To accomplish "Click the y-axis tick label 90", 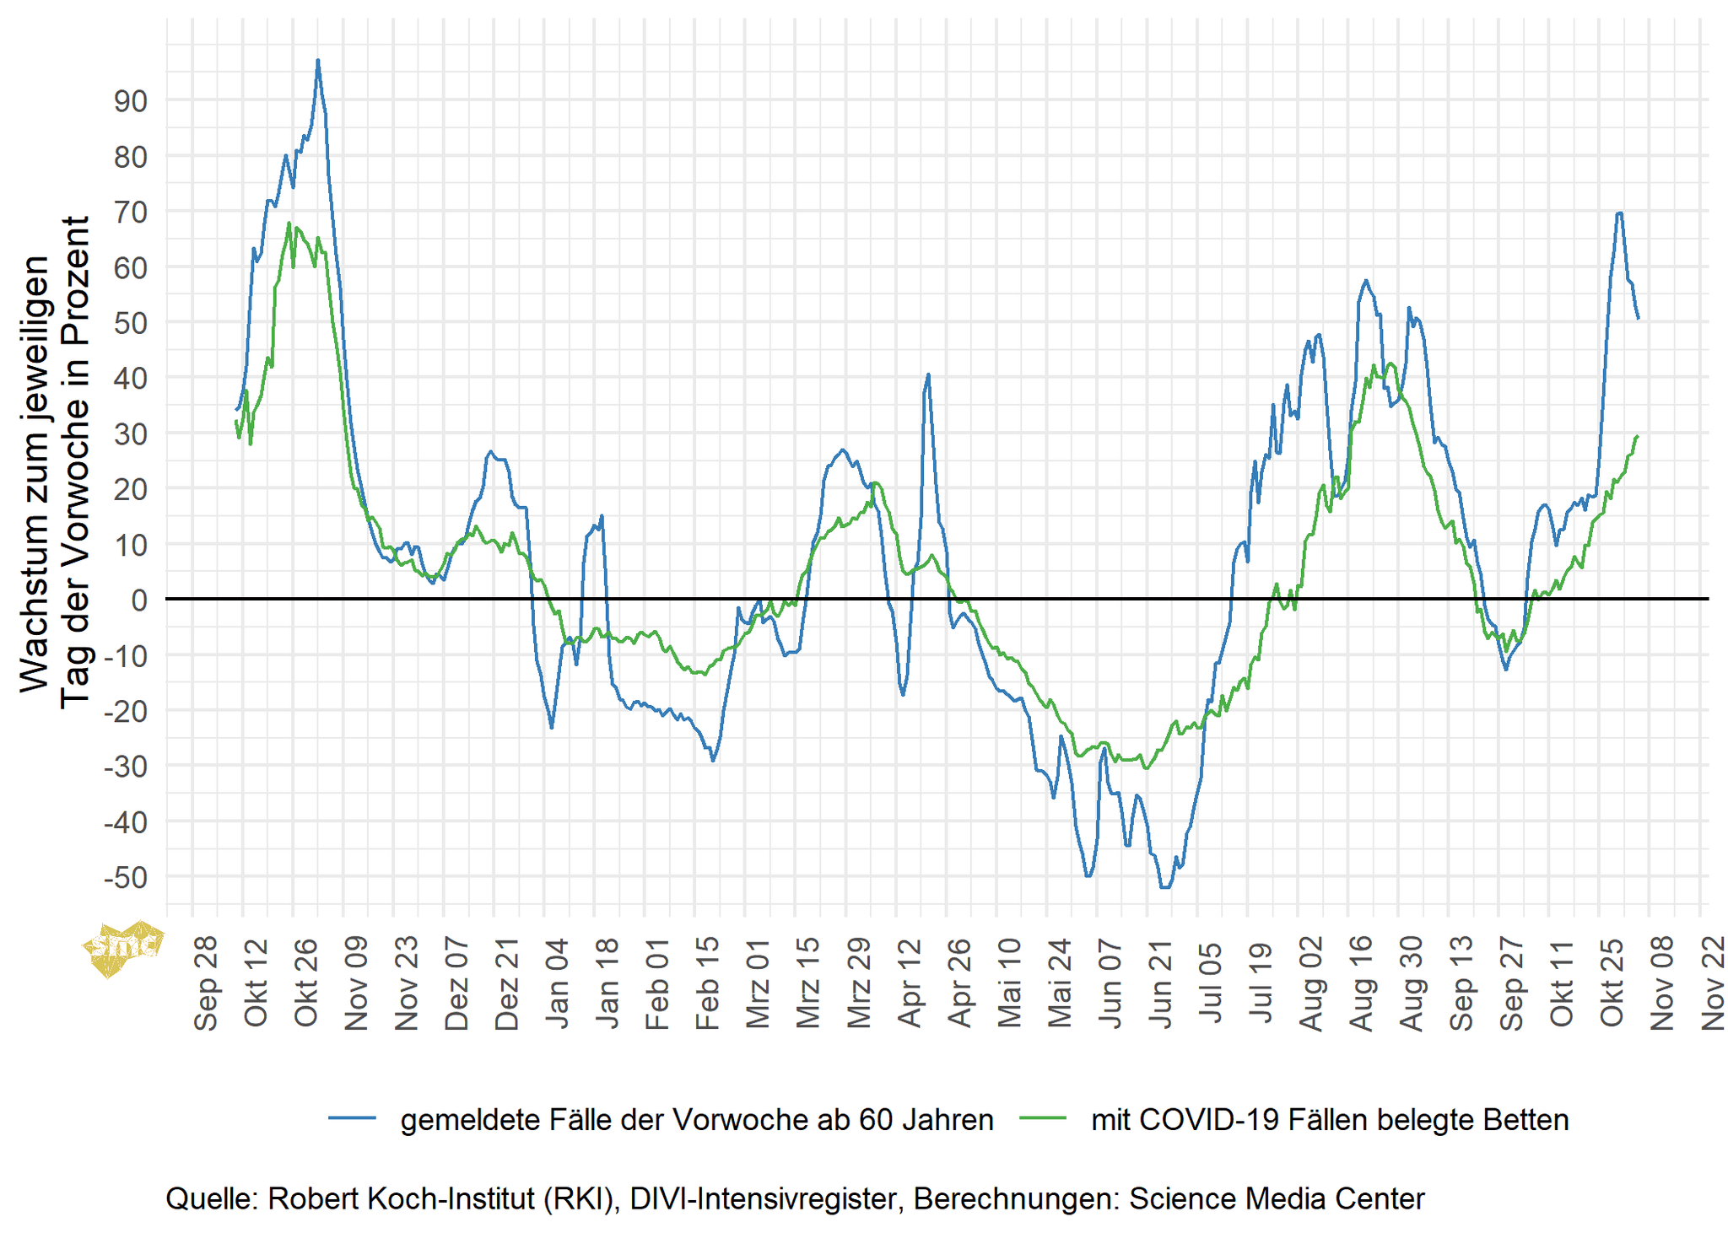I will pos(130,101).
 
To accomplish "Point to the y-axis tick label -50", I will pos(125,878).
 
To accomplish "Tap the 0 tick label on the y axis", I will pos(138,600).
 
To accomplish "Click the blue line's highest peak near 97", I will pos(318,61).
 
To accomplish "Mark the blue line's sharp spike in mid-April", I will pos(928,374).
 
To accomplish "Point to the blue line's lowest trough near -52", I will pos(1165,887).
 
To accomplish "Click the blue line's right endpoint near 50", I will pos(1638,318).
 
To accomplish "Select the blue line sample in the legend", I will pos(352,1118).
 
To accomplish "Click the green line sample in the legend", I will pos(1043,1118).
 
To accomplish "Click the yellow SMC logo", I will pos(122,946).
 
